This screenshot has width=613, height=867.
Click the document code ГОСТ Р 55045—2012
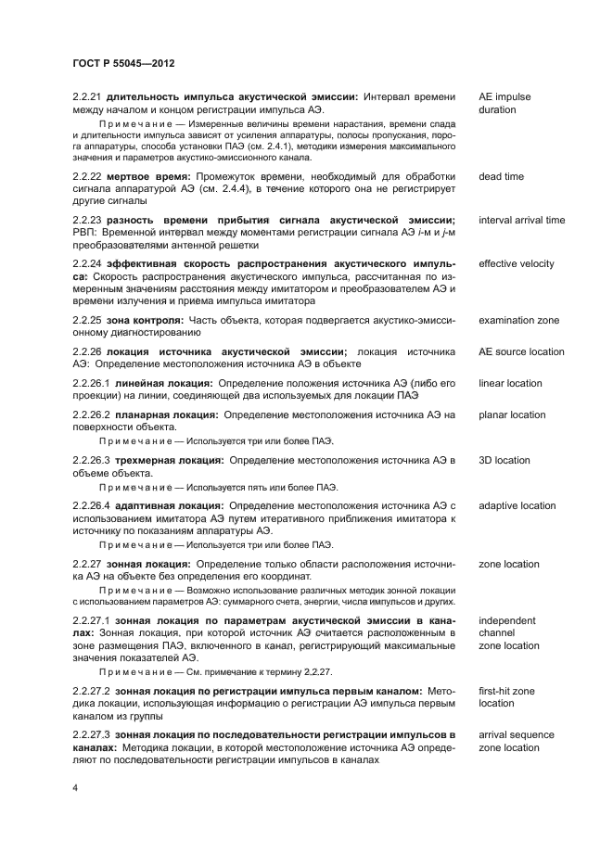123,63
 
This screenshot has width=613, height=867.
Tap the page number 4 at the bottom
75,787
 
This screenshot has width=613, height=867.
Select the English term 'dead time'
501,176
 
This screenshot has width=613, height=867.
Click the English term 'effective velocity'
517,263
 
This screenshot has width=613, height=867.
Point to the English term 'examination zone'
518,320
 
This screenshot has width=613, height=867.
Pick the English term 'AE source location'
521,351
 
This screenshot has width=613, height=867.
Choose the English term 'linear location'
510,383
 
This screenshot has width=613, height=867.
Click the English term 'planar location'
512,414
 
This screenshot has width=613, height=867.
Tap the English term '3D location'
504,460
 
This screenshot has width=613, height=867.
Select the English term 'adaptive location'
517,505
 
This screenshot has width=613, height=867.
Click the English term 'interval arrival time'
521,220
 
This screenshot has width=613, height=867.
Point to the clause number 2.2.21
87,96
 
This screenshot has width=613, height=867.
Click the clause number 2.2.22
87,176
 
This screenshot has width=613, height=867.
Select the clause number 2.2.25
87,320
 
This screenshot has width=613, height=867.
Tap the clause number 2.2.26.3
91,460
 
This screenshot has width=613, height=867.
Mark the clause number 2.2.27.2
91,691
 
